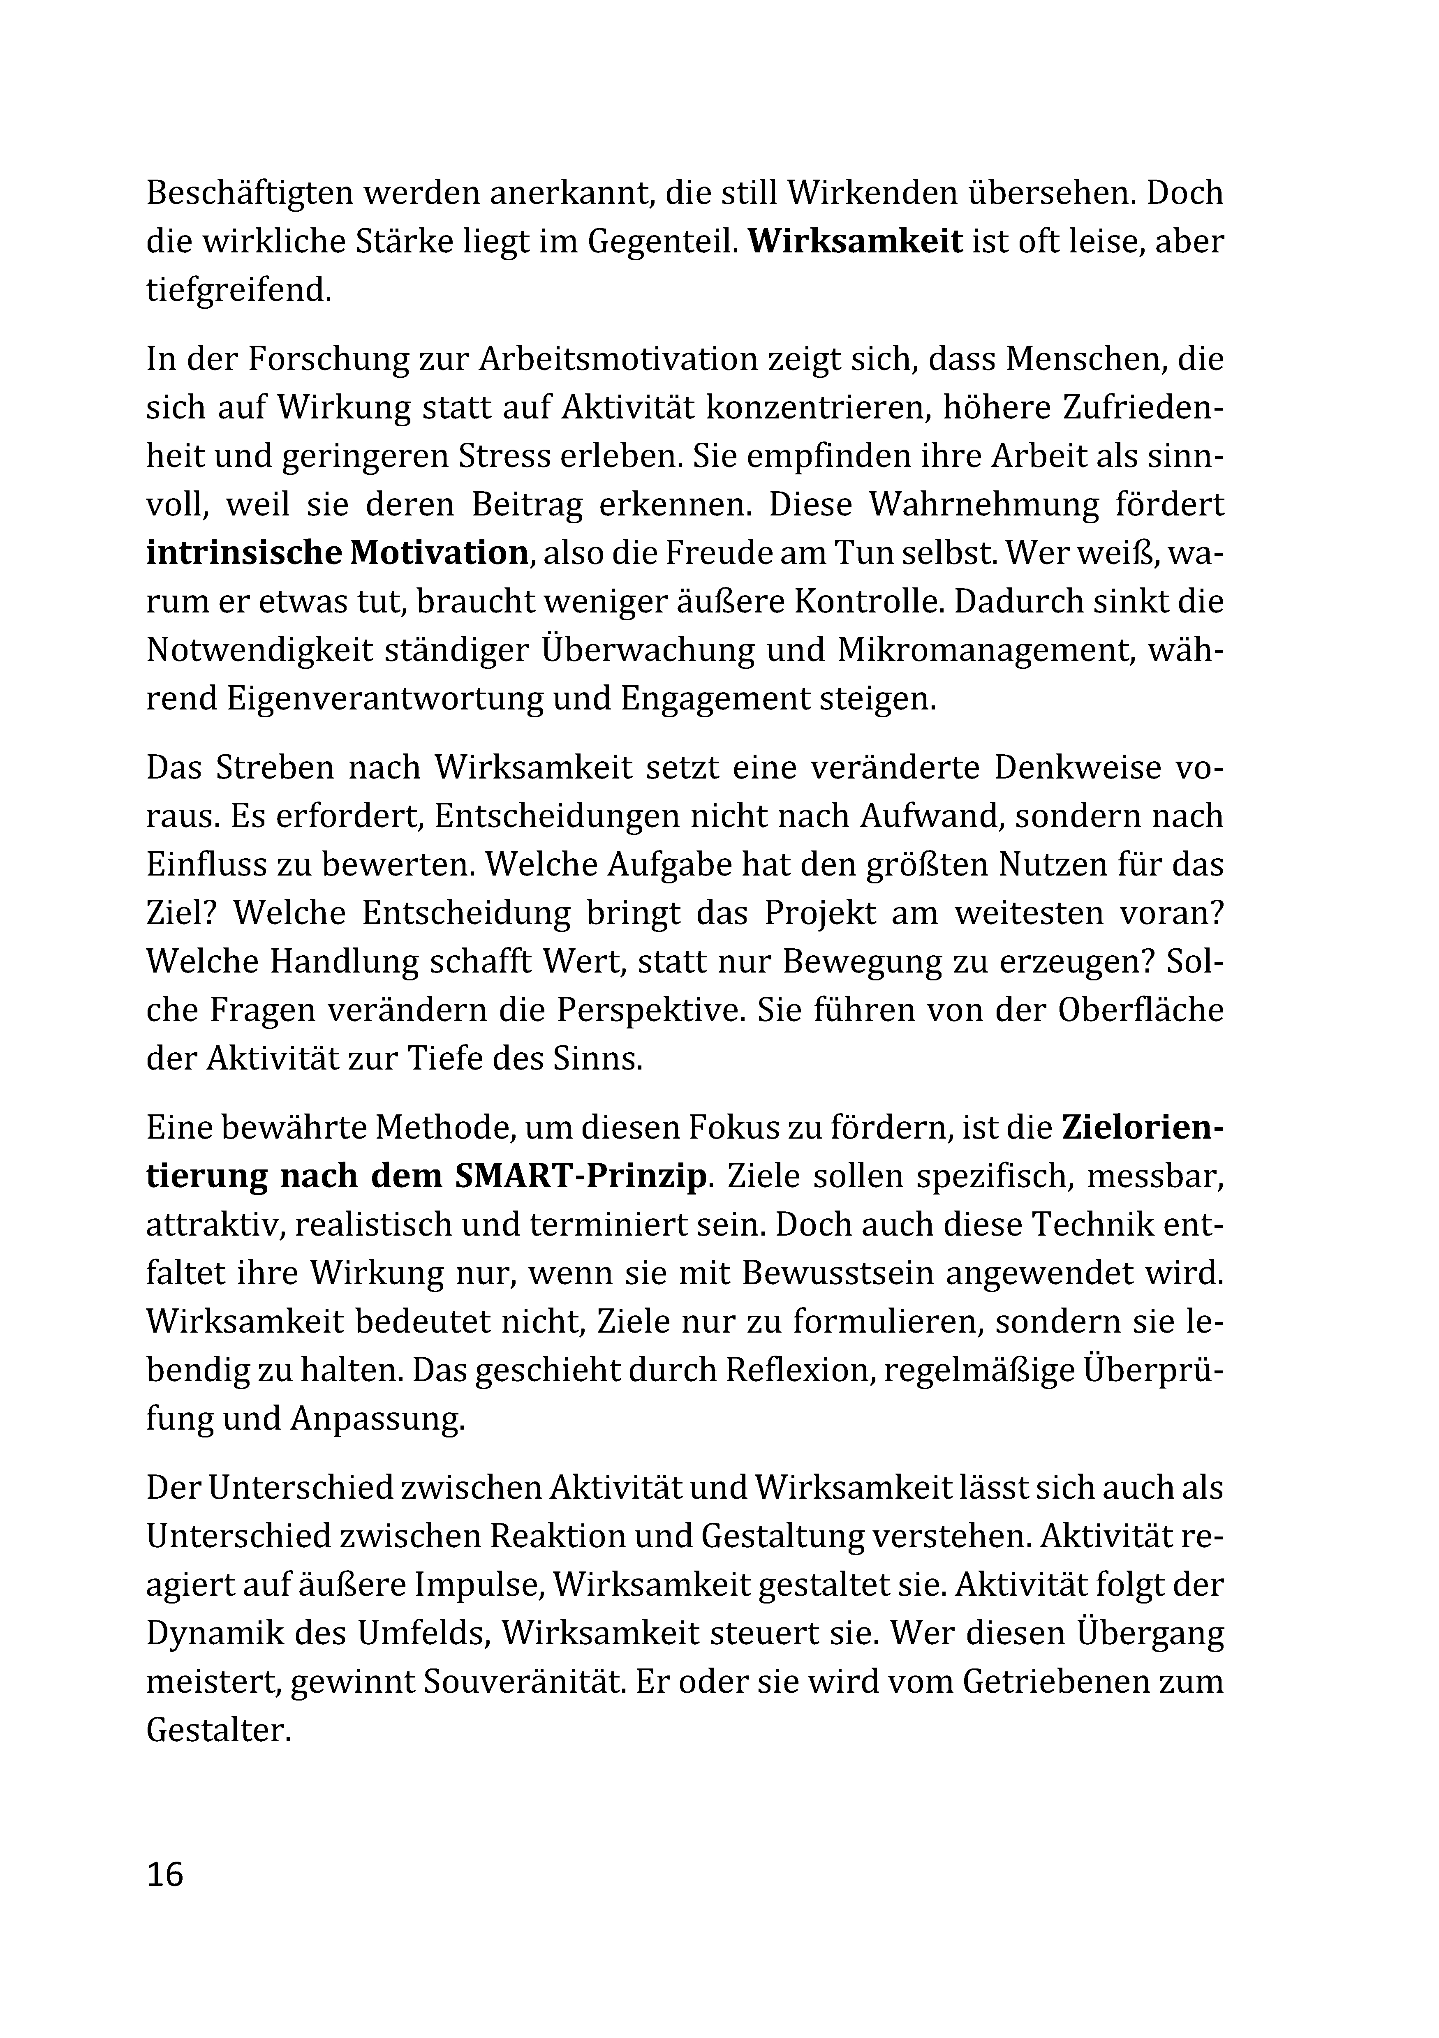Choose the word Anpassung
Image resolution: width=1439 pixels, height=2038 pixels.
tap(376, 1419)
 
